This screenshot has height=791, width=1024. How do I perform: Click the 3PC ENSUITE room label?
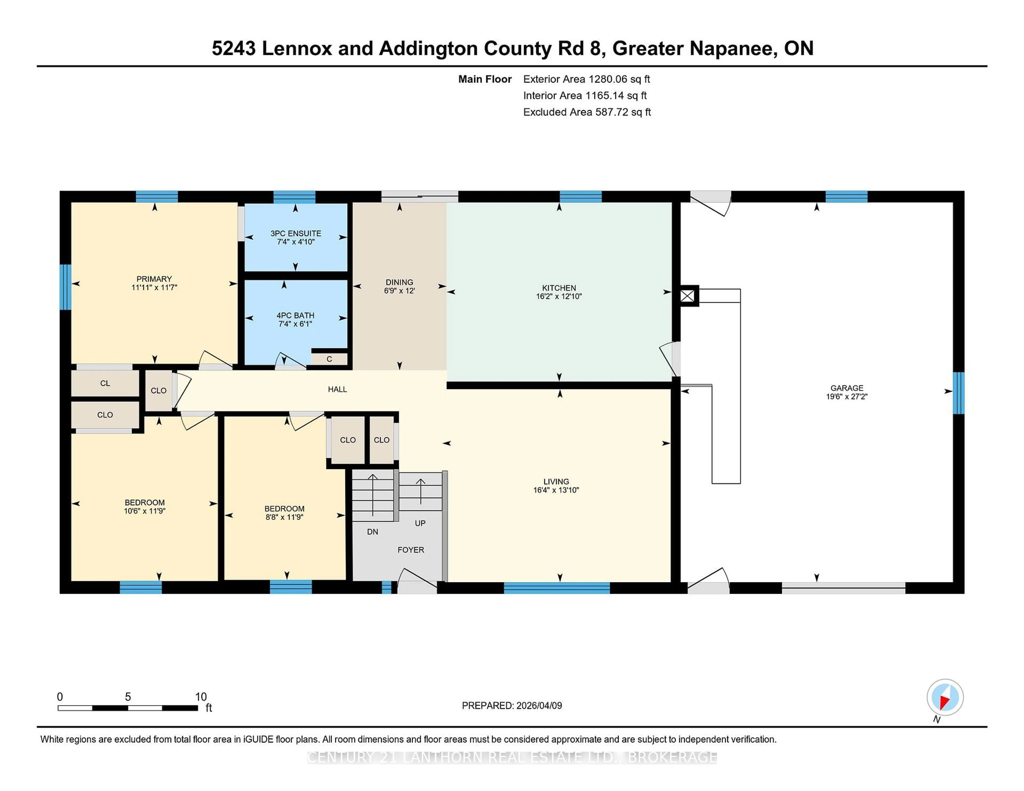click(295, 233)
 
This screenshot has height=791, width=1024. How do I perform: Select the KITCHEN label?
click(559, 288)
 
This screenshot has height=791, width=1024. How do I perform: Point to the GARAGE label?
click(846, 388)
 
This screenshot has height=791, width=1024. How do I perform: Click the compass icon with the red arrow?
click(945, 697)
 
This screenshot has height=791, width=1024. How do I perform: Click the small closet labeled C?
click(329, 359)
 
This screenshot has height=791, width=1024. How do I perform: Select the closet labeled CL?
click(105, 383)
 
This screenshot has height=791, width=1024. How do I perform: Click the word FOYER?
click(411, 550)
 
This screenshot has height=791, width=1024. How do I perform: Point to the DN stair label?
click(372, 531)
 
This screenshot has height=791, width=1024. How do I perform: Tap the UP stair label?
click(420, 523)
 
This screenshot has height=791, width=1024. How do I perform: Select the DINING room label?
click(399, 282)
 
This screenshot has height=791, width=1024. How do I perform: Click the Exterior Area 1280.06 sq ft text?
click(586, 79)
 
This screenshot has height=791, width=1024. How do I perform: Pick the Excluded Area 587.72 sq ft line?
click(587, 112)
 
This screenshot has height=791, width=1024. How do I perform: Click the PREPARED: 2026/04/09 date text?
click(511, 705)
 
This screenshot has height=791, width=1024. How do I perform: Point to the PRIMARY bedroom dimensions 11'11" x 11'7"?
click(154, 287)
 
